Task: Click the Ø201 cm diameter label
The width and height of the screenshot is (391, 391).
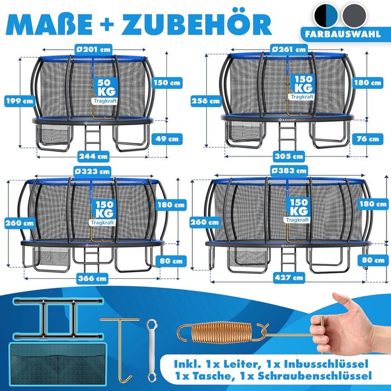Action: pos(93,49)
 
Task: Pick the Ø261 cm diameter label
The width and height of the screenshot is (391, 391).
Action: pos(288,49)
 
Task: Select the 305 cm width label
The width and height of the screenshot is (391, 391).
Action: pos(289,156)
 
